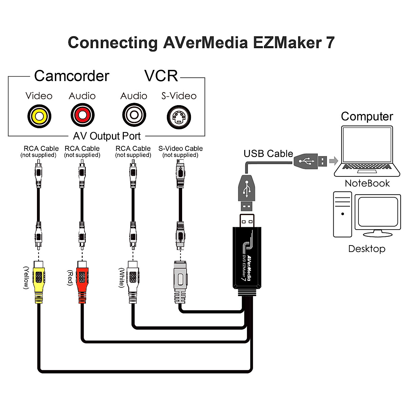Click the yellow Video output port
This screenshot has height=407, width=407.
pos(39,116)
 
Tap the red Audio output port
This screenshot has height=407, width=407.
pos(82,115)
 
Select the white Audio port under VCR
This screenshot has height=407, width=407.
pos(134,115)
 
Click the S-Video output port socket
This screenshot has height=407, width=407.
pos(179,117)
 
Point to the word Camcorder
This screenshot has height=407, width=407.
pos(72,76)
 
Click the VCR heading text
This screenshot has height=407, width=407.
pos(161,76)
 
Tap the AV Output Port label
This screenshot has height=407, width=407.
pos(107,136)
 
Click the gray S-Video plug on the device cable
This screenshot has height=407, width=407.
pos(180,282)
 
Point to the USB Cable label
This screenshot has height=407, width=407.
pos(268,154)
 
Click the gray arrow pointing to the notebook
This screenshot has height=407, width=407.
pos(334,160)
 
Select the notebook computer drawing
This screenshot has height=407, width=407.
pos(367,151)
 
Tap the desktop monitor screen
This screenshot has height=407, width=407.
pos(378,212)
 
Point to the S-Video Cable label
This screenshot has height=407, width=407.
pos(180,149)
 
